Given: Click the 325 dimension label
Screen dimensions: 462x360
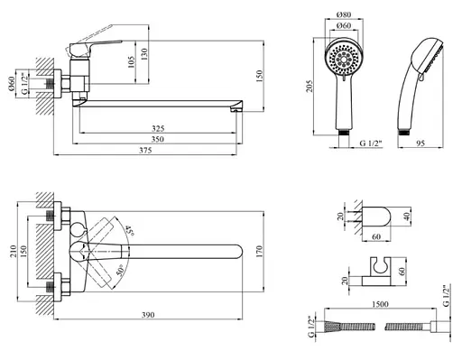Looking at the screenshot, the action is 158,129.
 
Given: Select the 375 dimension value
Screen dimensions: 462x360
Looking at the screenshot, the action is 145,151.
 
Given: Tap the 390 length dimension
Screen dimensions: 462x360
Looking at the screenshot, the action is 148,315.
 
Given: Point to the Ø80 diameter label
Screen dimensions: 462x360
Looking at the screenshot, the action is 344,14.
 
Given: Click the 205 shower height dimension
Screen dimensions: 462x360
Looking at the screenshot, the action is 310,87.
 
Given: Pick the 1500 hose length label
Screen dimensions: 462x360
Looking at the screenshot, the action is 380,304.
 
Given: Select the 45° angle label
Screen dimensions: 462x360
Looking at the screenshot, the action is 130,230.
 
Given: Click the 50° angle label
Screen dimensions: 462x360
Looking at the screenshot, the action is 120,270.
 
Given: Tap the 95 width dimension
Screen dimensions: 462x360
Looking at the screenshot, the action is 420,143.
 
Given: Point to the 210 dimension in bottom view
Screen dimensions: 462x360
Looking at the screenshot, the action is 13,252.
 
